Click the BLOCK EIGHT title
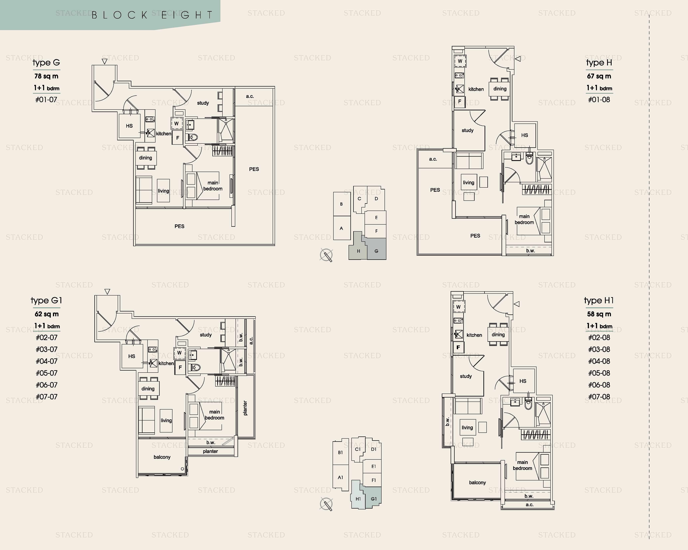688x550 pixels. click(x=152, y=15)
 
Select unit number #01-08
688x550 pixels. click(x=599, y=100)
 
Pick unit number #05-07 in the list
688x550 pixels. click(x=47, y=373)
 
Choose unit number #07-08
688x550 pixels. click(x=599, y=397)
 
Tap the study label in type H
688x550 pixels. click(x=467, y=131)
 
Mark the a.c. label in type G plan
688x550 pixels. click(x=250, y=96)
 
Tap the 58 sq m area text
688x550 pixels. click(x=599, y=314)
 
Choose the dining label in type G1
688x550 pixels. click(x=148, y=389)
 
